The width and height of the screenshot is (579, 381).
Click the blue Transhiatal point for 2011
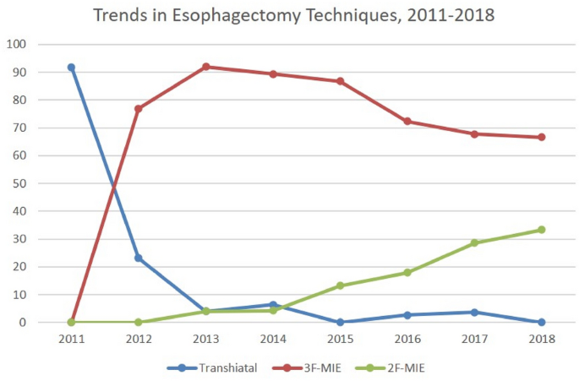[71, 68]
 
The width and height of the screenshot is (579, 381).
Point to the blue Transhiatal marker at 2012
[138, 258]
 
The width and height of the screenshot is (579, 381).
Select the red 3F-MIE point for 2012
[138, 109]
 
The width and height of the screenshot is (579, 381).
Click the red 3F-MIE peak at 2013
[205, 67]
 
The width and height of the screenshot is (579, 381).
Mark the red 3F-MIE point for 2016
[407, 122]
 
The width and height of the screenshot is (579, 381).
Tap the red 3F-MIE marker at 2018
[542, 137]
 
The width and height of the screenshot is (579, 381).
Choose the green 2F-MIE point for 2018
[542, 230]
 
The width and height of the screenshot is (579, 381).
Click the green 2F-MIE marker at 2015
[340, 286]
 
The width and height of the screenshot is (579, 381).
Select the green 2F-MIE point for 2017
[474, 242]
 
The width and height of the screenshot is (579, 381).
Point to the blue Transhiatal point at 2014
[272, 305]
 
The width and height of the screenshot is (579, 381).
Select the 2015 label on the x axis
[340, 338]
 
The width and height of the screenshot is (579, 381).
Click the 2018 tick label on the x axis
[542, 338]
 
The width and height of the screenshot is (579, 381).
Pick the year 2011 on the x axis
[71, 338]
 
